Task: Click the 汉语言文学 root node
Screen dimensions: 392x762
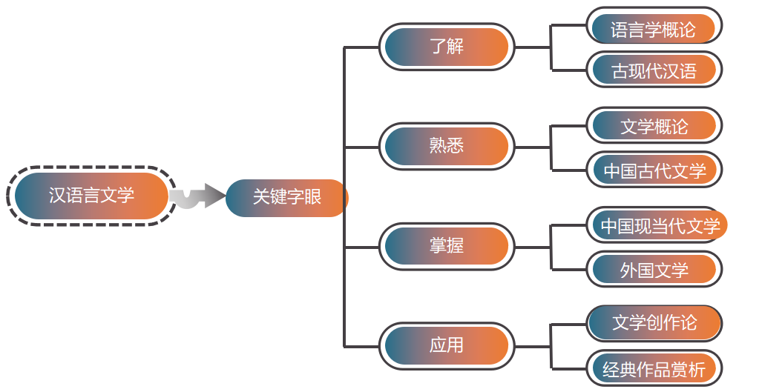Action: point(91,196)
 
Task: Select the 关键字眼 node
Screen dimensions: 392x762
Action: point(286,198)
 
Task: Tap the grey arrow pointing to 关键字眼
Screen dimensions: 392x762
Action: point(198,196)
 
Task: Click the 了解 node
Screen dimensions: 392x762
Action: point(447,47)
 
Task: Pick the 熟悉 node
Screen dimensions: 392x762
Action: point(447,146)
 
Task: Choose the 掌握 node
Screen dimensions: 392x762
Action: point(447,246)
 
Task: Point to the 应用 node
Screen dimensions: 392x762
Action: point(447,345)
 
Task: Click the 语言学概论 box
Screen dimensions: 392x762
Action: point(654,30)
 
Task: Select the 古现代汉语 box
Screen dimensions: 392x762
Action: point(654,71)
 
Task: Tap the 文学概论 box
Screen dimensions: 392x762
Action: point(654,127)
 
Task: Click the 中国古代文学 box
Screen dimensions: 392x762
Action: point(654,171)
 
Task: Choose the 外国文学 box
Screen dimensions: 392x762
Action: point(654,270)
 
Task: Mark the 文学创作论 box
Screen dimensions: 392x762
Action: point(654,324)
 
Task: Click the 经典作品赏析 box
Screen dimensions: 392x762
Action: point(654,368)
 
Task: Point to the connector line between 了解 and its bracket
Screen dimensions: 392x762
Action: point(533,47)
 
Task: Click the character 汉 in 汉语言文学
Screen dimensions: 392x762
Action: point(57,196)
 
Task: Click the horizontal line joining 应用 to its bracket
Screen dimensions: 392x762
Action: point(533,346)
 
